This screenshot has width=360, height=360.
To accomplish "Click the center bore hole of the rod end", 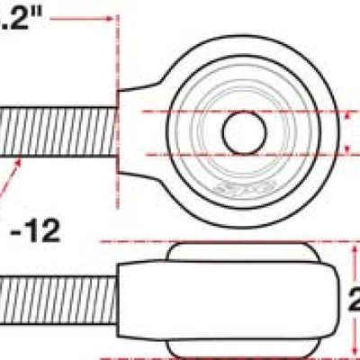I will pos(242,131).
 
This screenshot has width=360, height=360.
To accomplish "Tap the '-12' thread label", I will pos(35,231).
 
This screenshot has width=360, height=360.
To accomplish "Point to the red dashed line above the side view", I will pos(225,242).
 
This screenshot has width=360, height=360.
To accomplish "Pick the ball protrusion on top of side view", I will pos(243,251).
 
